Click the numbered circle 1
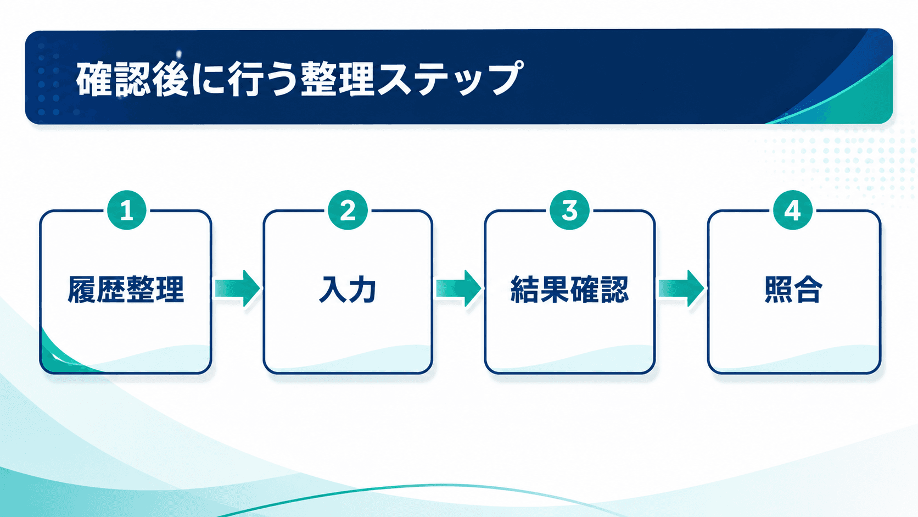[127, 210]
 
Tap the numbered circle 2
[348, 210]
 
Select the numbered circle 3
[570, 210]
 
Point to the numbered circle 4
[793, 210]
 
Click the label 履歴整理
[126, 290]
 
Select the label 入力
[348, 290]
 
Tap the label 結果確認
[570, 290]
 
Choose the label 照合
[793, 290]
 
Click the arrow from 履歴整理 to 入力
[237, 288]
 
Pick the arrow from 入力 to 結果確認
[458, 288]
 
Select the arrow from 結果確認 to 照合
[681, 288]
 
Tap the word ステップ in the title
[450, 79]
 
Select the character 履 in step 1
[82, 290]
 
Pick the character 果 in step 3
[555, 290]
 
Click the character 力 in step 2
[362, 290]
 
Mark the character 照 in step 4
[779, 290]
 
